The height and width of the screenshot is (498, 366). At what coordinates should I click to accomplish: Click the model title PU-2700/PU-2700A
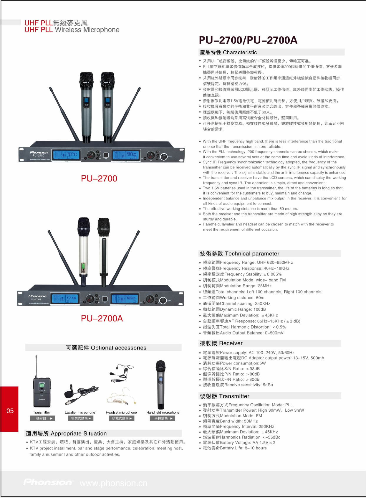248,40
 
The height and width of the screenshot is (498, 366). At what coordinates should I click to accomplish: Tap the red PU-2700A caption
102,318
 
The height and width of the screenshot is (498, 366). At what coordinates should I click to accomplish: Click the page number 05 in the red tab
10,410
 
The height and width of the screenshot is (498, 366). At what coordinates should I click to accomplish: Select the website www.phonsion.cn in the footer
113,483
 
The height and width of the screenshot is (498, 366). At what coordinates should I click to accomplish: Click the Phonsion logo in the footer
47,482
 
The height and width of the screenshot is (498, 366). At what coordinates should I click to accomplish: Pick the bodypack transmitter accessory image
42,382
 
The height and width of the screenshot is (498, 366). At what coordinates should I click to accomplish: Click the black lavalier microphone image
81,395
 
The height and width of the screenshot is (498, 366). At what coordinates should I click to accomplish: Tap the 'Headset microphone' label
121,413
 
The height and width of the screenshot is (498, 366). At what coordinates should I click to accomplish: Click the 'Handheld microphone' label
163,413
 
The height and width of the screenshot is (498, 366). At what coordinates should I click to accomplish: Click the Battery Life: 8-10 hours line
235,448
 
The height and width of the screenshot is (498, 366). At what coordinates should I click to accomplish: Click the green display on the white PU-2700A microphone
84,266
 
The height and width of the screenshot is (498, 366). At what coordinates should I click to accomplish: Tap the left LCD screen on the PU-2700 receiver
66,154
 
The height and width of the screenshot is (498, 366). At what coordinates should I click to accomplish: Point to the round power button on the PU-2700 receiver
164,156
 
